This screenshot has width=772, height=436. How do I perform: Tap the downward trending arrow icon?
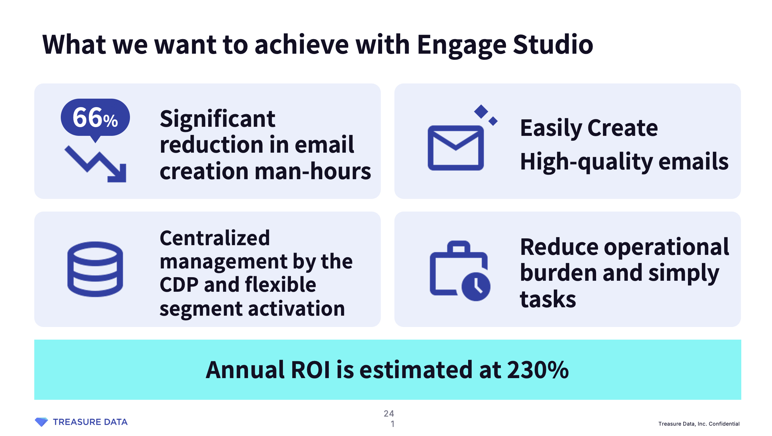[96, 164]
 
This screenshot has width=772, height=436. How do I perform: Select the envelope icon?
[456, 148]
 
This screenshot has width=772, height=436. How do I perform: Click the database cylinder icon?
[95, 269]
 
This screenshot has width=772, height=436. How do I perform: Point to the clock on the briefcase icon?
[476, 287]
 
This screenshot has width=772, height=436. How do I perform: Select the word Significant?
[217, 119]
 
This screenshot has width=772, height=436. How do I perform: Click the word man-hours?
[313, 171]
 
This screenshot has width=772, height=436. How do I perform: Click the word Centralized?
[215, 238]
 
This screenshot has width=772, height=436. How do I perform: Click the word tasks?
[548, 299]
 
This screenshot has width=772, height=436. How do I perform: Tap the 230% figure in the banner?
[538, 370]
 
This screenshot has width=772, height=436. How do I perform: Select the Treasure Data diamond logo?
[41, 422]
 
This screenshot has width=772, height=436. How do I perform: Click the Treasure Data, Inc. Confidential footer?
[699, 424]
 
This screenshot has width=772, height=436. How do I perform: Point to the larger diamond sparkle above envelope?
[481, 112]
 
